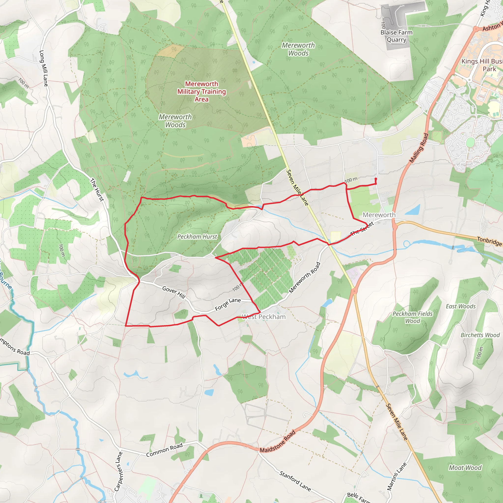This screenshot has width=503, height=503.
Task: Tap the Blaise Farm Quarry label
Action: (x=396, y=36)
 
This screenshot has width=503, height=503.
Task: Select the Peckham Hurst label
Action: (x=197, y=237)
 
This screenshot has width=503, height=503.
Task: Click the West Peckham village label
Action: (x=264, y=317)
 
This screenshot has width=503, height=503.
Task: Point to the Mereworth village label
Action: (x=379, y=215)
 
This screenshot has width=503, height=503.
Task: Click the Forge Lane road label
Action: (x=228, y=304)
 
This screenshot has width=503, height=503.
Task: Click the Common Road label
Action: (x=164, y=450)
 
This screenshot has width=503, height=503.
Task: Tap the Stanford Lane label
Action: (x=295, y=481)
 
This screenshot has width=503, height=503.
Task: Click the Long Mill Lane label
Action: (x=43, y=68)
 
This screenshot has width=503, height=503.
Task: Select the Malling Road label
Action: (x=419, y=148)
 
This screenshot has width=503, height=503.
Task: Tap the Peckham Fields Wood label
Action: (x=412, y=317)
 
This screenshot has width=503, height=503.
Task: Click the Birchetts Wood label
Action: (x=480, y=335)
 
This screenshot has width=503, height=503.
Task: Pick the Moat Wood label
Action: (x=465, y=468)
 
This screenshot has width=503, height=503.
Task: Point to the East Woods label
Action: (x=461, y=306)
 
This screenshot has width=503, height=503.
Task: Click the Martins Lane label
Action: (x=397, y=476)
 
